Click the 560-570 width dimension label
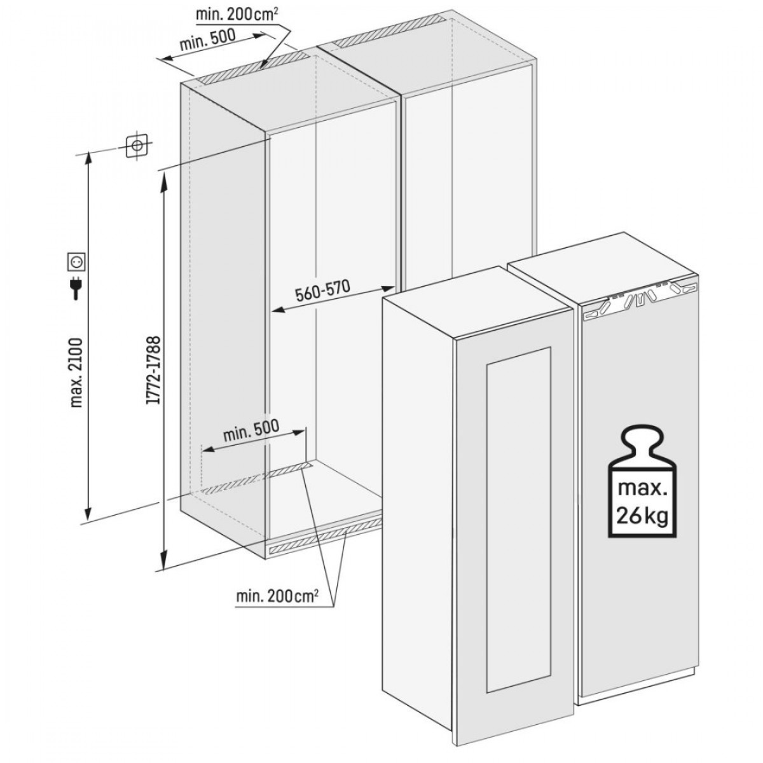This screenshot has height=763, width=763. tap(323, 292)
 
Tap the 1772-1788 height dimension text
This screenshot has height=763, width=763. tap(153, 370)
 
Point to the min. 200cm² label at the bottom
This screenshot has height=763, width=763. tap(278, 607)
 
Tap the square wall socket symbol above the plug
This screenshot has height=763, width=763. tap(76, 261)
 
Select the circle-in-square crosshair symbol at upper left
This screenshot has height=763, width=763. tap(136, 146)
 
